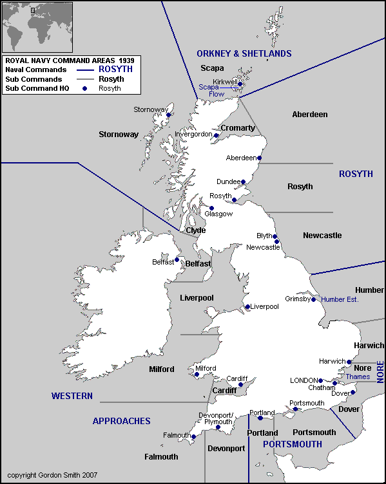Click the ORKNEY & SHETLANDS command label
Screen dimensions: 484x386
pos(244,53)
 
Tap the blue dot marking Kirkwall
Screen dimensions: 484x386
pos(240,84)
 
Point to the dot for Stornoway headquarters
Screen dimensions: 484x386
pos(169,115)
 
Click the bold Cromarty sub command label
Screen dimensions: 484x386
pos(238,128)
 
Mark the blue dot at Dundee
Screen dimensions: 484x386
pos(243,182)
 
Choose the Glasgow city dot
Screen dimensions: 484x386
pos(211,209)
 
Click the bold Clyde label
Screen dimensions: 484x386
pos(195,230)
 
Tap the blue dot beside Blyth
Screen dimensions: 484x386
pos(275,236)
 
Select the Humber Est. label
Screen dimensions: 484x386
pos(339,299)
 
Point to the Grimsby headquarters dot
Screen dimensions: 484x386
pos(314,299)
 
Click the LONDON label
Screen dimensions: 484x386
pos(304,380)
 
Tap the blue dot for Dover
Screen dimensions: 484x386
pos(352,392)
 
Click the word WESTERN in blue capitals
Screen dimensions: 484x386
pos(72,396)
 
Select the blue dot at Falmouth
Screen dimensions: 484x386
pos(193,436)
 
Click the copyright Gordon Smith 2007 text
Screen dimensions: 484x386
pos(52,475)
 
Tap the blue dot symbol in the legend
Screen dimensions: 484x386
pos(84,88)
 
